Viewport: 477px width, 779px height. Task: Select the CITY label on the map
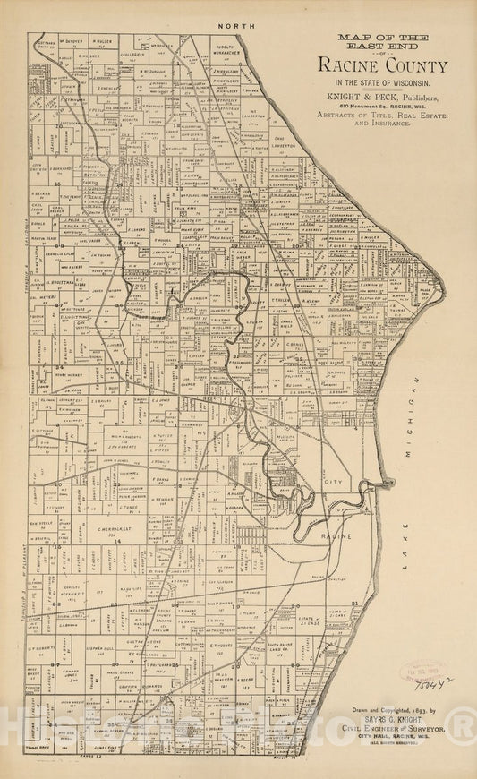pos(332,482)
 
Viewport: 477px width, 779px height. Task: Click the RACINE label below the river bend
pos(336,535)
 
